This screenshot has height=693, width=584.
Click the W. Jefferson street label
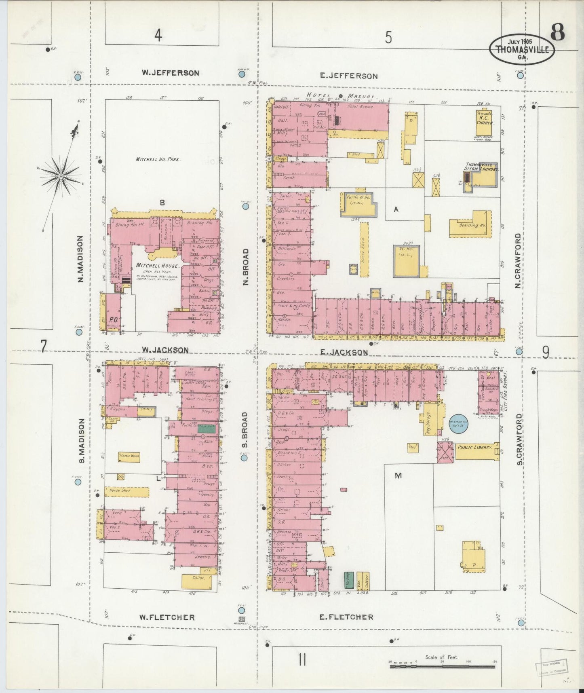point(170,73)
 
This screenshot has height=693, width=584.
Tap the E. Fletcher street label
point(346,617)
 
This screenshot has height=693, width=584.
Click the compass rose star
point(61,175)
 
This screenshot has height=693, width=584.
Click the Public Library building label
point(474,448)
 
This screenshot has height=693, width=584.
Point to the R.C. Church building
point(484,123)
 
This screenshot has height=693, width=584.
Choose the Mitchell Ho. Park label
point(158,159)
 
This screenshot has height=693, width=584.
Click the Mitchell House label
point(157,266)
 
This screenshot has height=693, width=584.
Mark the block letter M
point(398,476)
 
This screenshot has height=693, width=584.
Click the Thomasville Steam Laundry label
point(482,167)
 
